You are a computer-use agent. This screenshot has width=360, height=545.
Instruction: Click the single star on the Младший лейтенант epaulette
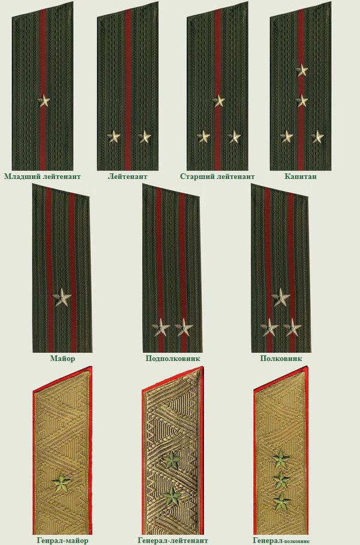tap(44, 101)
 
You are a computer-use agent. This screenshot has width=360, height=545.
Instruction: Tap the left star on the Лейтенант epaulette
tap(113, 137)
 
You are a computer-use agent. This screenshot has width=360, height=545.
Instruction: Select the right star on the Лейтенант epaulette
tap(145, 137)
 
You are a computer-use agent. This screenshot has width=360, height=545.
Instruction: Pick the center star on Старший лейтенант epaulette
tap(218, 101)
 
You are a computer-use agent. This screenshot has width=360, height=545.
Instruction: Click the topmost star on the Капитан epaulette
tap(302, 70)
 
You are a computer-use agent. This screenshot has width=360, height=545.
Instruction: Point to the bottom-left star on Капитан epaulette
tap(287, 137)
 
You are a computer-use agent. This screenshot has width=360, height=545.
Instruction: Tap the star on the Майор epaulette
tap(62, 297)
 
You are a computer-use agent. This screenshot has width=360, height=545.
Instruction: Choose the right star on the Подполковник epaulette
tap(184, 327)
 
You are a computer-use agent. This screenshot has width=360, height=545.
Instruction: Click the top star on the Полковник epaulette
tap(281, 297)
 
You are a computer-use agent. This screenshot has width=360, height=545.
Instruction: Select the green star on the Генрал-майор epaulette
tap(62, 483)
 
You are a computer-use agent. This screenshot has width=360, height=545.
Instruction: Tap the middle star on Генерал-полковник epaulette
tap(281, 480)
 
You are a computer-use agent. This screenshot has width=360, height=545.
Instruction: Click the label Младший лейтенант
tap(43, 176)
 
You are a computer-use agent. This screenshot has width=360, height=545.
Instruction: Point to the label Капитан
tap(301, 176)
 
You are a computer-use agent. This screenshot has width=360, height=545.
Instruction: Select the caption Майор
tap(62, 358)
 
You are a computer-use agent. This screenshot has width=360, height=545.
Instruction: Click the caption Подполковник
tap(173, 358)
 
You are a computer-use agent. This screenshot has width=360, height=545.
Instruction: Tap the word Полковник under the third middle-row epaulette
tap(281, 358)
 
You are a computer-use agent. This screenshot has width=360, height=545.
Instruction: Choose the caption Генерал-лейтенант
tap(173, 540)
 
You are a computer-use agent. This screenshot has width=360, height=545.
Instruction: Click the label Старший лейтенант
tap(218, 176)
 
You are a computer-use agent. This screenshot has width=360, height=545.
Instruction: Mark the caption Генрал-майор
tap(62, 540)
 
